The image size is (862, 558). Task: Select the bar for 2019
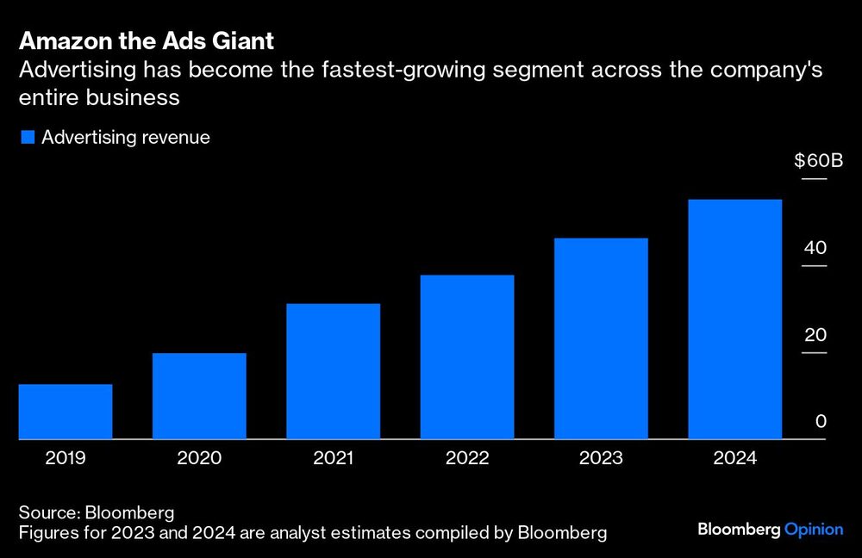click(66, 412)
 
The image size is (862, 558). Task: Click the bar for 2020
click(199, 396)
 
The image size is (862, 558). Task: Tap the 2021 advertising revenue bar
click(334, 371)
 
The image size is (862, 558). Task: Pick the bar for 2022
click(467, 357)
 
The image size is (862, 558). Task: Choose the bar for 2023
click(601, 338)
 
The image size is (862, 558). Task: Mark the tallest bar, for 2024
click(735, 319)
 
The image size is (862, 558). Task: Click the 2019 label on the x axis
click(66, 458)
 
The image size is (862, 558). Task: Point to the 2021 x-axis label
click(334, 458)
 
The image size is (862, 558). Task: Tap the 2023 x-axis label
click(601, 458)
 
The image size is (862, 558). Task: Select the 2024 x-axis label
click(735, 458)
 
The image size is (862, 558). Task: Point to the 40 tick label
click(815, 248)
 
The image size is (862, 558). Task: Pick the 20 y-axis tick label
click(815, 335)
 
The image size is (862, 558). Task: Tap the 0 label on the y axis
click(821, 421)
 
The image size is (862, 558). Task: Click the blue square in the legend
click(28, 138)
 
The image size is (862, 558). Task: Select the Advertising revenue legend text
click(126, 138)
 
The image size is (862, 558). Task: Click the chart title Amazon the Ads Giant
click(147, 41)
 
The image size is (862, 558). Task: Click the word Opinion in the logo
click(814, 530)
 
